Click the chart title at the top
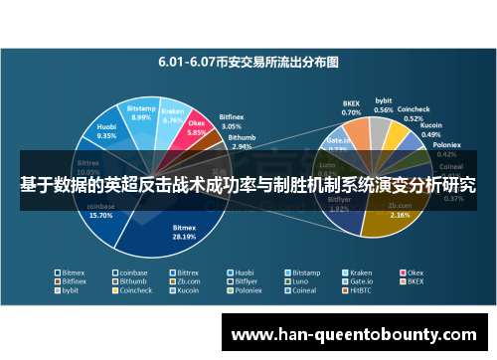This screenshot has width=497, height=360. [248, 61]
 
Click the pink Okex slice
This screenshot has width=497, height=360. [196, 130]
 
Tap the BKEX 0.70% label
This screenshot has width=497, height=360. [351, 107]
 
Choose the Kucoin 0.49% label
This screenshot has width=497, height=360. [431, 129]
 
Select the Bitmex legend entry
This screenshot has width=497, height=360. [72, 271]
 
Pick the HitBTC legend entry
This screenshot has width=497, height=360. [359, 291]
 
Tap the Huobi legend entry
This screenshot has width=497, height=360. [243, 271]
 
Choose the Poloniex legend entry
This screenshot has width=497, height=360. [243, 291]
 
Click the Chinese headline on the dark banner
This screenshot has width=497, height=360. [248, 185]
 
